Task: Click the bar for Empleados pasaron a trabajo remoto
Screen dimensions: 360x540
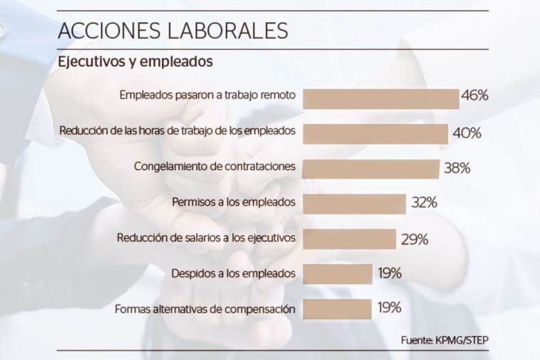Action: click(381, 99)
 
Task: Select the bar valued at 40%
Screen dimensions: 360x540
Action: click(375, 133)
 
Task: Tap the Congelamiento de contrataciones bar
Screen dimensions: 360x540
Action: click(371, 168)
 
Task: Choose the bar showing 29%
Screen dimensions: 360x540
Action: click(350, 239)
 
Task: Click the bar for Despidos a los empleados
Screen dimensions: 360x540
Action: click(337, 273)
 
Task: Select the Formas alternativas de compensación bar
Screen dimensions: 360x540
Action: click(337, 308)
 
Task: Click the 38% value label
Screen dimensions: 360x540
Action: click(456, 168)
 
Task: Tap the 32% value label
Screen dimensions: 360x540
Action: click(423, 203)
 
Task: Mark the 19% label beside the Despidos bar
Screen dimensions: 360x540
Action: click(389, 273)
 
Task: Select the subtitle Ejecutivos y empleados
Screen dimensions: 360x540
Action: click(135, 62)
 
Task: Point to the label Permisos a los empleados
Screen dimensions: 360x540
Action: click(234, 202)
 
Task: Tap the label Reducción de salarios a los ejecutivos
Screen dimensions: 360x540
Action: click(206, 238)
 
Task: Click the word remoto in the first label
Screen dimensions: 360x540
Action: click(277, 95)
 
